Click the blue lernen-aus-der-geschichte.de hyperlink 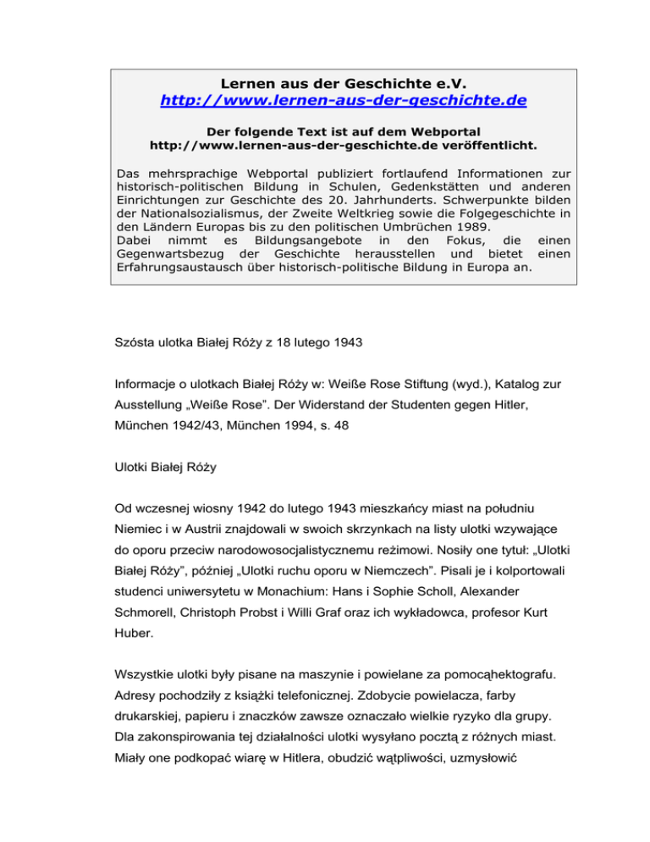click(x=344, y=101)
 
